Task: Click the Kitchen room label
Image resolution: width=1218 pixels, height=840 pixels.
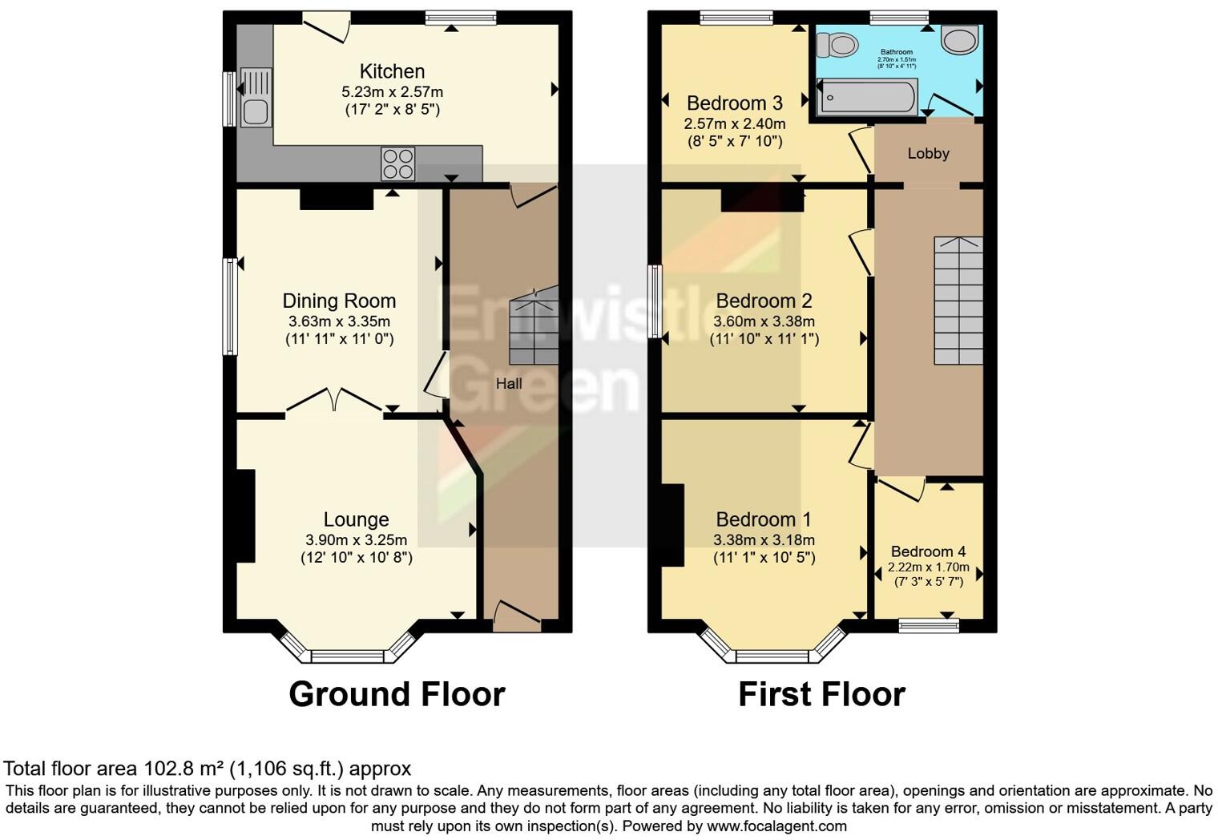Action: [392, 71]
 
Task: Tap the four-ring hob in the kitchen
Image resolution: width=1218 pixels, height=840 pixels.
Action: [398, 164]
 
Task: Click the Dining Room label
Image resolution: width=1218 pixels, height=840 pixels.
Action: [339, 301]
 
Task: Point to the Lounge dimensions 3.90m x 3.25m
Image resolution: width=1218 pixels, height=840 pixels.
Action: [356, 540]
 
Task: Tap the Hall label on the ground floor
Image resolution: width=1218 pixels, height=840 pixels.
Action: [509, 384]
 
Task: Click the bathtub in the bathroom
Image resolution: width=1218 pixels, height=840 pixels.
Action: [867, 97]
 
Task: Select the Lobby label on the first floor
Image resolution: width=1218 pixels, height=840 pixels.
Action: [928, 153]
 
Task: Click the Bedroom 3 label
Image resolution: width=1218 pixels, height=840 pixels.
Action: [734, 103]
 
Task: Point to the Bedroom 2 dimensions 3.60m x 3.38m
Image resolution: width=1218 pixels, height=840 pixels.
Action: [764, 321]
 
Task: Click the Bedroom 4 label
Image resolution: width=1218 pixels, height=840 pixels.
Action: [928, 551]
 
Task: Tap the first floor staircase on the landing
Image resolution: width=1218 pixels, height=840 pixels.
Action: [958, 301]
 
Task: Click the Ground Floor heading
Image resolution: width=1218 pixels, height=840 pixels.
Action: [397, 694]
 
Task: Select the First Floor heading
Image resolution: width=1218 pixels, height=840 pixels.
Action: [821, 694]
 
